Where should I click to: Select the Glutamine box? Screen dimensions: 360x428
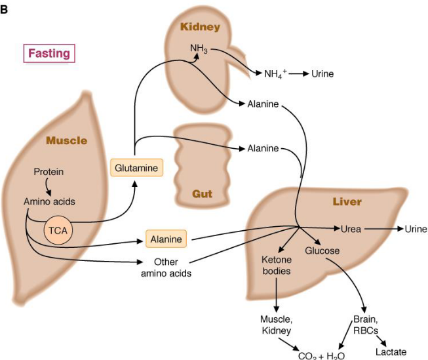click(x=136, y=169)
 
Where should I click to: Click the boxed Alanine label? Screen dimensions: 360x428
click(x=166, y=239)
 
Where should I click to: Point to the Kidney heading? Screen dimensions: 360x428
click(x=200, y=27)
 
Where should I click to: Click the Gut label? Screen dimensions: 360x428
click(x=202, y=194)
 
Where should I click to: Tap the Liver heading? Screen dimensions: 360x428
click(x=347, y=201)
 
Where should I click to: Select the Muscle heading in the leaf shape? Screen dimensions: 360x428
click(x=66, y=140)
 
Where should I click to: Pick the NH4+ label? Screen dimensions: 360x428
click(x=275, y=73)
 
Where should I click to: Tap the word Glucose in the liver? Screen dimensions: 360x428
click(x=322, y=251)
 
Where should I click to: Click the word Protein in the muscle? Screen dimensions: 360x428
click(x=49, y=172)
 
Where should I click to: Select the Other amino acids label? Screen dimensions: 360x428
click(x=166, y=268)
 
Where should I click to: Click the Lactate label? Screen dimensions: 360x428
click(x=391, y=352)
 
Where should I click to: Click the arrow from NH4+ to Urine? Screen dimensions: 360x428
click(x=298, y=74)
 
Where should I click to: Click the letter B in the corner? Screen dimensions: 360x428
click(x=5, y=8)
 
